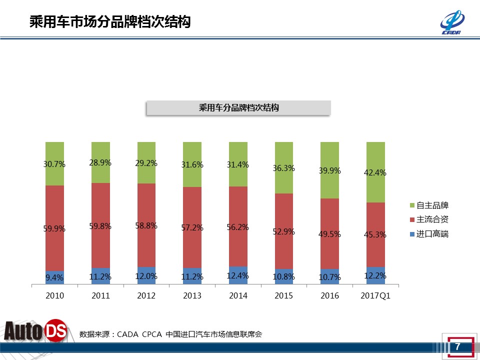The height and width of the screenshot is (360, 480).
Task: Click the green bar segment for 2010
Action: tap(55, 152)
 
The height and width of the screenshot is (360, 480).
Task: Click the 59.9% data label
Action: tap(55, 228)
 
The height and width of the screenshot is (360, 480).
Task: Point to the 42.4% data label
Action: tap(375, 173)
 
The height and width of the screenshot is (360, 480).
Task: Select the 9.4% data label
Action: tap(55, 277)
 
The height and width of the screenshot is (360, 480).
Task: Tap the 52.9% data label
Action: tap(283, 231)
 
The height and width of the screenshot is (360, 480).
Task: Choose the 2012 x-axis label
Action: tap(146, 295)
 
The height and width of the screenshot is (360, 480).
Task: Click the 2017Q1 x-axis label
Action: tap(375, 295)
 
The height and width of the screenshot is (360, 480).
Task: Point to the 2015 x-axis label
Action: tap(283, 295)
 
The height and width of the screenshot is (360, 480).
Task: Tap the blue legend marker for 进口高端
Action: tap(412, 234)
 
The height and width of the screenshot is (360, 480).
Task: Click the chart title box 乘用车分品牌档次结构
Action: tap(238, 107)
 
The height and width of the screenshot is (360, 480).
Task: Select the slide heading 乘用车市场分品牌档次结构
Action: tap(110, 22)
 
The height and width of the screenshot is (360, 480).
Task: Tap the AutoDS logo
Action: tap(35, 331)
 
